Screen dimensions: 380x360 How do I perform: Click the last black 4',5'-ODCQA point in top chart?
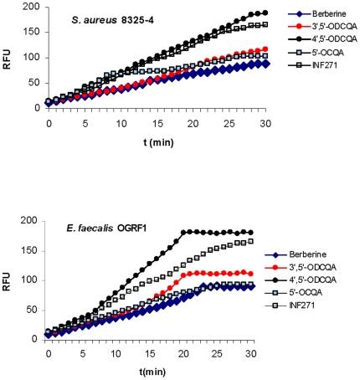click(x=265, y=13)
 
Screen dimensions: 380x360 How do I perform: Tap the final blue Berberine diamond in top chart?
click(x=265, y=64)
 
